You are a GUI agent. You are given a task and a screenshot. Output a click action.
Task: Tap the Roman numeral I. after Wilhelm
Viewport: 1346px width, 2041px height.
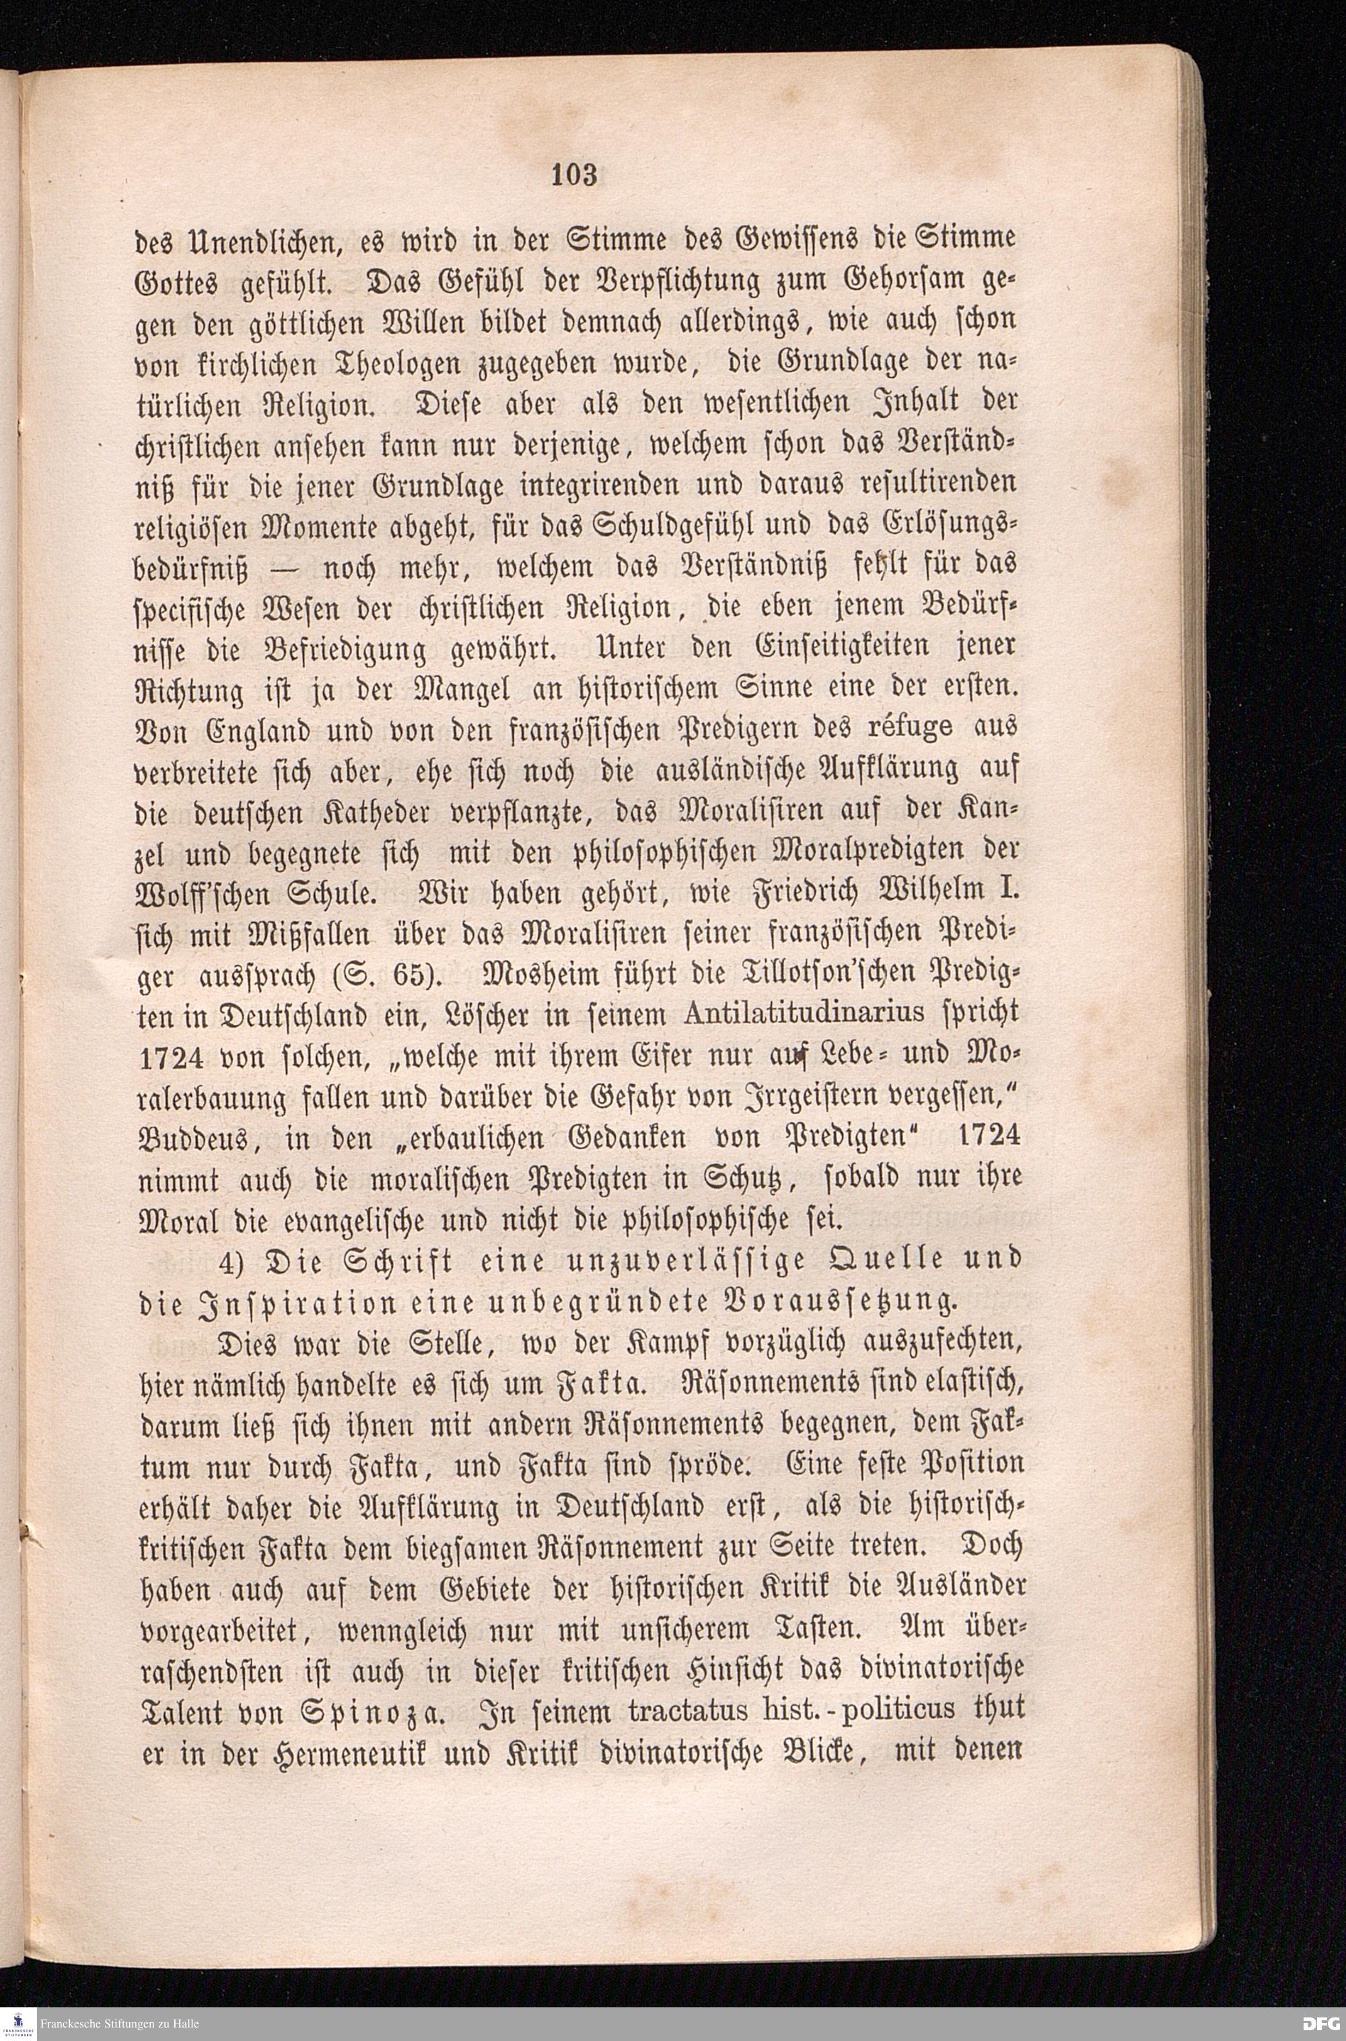click(x=1012, y=894)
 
